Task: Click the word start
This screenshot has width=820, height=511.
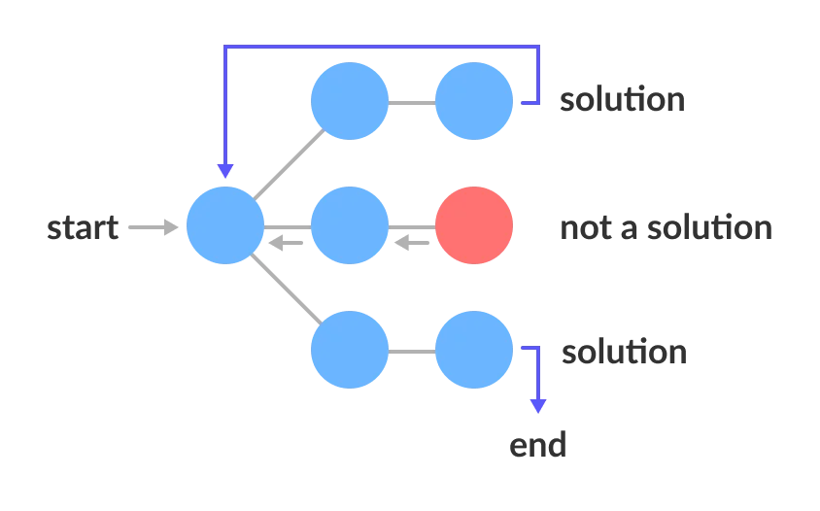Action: click(85, 228)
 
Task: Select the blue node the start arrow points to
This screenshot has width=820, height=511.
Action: click(224, 226)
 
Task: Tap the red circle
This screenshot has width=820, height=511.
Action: click(474, 226)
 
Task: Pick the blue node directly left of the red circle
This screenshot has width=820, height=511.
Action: click(349, 226)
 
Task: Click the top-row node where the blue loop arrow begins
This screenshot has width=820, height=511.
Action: click(474, 101)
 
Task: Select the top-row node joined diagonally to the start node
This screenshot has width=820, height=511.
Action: click(349, 101)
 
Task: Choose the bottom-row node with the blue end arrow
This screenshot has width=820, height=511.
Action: click(474, 351)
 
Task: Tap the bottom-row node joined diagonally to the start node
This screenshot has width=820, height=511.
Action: click(349, 351)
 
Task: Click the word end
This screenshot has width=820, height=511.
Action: click(535, 445)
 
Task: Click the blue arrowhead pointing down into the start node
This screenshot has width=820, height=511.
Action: click(225, 169)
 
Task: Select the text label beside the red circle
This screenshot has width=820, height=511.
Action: click(667, 227)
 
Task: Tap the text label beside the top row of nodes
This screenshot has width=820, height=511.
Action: click(621, 101)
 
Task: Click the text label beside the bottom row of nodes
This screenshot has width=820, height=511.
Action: click(625, 352)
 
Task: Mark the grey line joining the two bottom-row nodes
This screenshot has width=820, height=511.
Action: click(411, 352)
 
